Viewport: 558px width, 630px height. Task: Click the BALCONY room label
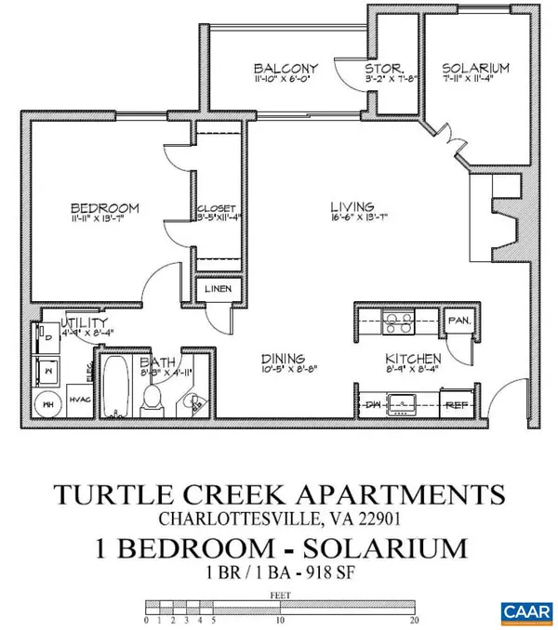tap(286, 69)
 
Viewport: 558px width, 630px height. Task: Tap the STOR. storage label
tap(382, 69)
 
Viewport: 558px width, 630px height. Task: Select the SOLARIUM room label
tap(474, 69)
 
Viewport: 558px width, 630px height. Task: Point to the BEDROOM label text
tap(105, 206)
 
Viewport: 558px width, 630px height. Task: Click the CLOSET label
tap(217, 208)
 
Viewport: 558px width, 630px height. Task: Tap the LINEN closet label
tap(219, 289)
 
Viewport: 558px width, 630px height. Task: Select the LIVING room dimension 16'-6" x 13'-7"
tap(352, 219)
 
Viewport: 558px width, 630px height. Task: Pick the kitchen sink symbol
tap(405, 404)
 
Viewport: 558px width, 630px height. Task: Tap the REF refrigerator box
tap(455, 405)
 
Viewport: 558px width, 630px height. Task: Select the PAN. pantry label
tap(458, 322)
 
